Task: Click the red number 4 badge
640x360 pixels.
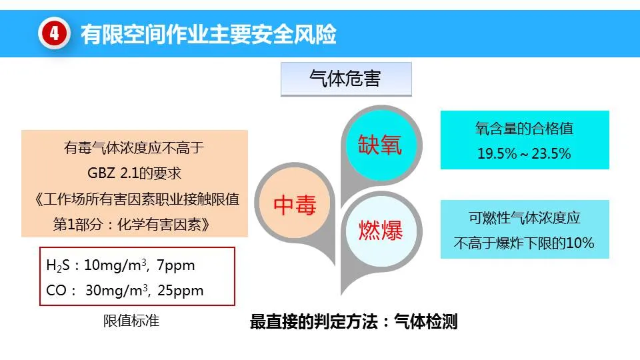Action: (54, 34)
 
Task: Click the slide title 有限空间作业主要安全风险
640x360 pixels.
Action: (209, 34)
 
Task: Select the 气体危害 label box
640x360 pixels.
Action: (346, 79)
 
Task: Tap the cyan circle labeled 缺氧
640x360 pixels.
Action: (379, 145)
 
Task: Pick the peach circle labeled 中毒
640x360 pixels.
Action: (295, 204)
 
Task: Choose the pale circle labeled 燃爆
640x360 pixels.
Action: (381, 231)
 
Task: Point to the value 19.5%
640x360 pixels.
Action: (497, 154)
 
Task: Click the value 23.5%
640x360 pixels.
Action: (551, 154)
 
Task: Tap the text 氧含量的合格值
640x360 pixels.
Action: (525, 129)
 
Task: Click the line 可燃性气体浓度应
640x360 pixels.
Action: (525, 218)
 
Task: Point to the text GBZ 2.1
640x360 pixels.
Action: (113, 173)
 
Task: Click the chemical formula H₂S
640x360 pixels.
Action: (57, 265)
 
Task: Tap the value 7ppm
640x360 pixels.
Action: (176, 266)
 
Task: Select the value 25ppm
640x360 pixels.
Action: (181, 291)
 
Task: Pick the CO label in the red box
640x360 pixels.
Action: (56, 291)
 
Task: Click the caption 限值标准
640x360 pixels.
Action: (131, 321)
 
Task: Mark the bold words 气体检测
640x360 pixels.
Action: (426, 321)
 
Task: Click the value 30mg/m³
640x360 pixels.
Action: (116, 290)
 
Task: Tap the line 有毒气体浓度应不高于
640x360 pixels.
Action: (134, 148)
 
